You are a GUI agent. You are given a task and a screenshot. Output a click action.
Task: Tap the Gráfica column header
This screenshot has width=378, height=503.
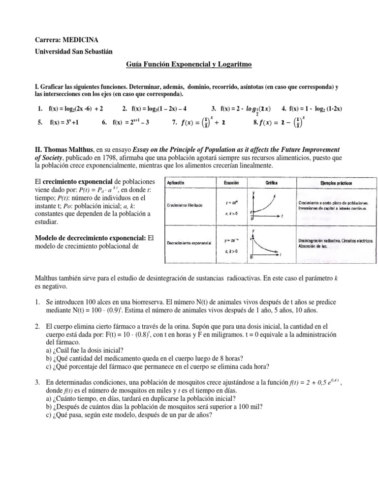pos(273,182)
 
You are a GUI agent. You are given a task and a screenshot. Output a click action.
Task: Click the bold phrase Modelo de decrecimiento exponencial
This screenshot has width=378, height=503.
pos(90,238)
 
